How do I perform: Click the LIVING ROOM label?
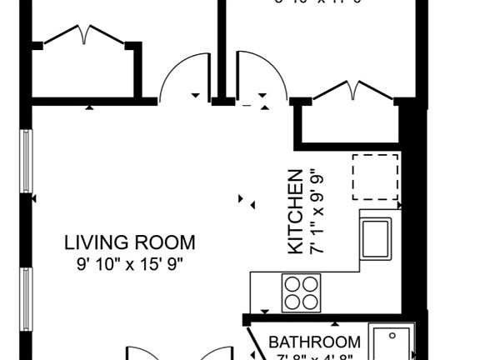[x=130, y=243]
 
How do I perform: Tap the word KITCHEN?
[x=295, y=212]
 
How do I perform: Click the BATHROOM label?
[x=315, y=342]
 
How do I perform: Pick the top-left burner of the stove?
[x=292, y=283]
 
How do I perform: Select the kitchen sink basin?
[x=377, y=237]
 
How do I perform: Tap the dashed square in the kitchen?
[x=375, y=177]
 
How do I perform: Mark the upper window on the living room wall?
[x=26, y=162]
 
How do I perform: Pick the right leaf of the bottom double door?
[x=218, y=352]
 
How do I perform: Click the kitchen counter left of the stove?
[x=265, y=292]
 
